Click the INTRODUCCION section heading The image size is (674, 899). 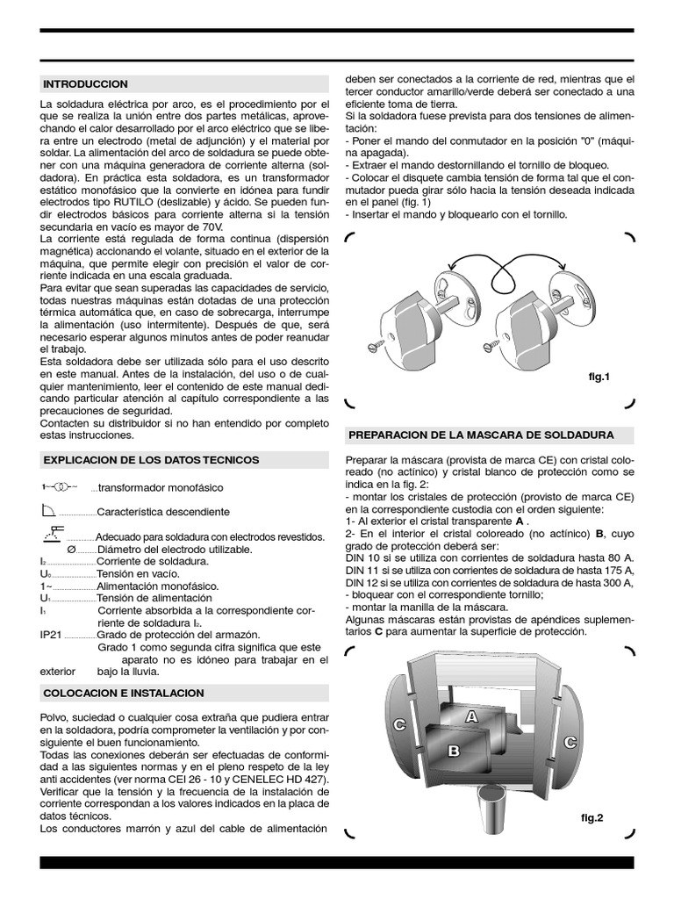[85, 84]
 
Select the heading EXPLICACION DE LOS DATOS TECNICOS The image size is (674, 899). [150, 460]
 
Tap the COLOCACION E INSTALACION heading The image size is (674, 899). [123, 693]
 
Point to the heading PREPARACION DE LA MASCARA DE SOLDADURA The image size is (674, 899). [481, 435]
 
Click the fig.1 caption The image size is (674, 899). [598, 377]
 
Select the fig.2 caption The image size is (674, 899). [592, 817]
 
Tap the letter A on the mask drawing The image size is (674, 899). [471, 716]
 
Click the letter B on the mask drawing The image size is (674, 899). [453, 751]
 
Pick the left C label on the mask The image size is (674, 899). [399, 724]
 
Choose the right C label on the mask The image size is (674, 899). [570, 742]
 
